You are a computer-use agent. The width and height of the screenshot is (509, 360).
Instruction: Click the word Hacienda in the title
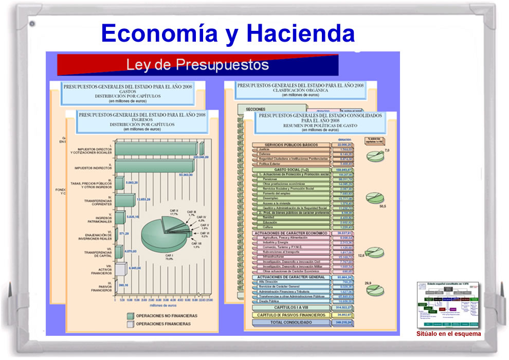tap(300, 33)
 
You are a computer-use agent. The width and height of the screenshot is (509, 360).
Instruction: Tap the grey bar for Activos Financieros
tap(121, 268)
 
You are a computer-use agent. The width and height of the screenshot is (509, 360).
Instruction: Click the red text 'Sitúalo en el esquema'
tap(448, 334)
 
